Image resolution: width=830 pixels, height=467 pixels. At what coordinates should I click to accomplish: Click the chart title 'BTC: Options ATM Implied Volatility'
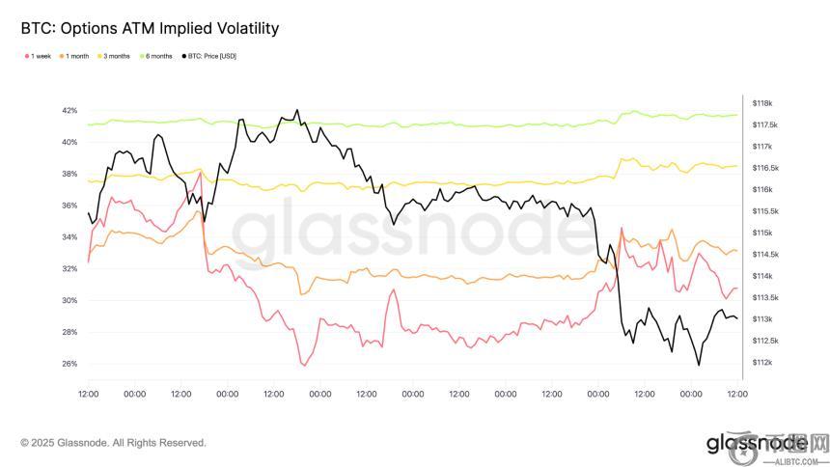pyautogui.click(x=150, y=28)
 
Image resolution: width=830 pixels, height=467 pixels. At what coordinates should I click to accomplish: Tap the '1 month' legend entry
pyautogui.click(x=76, y=56)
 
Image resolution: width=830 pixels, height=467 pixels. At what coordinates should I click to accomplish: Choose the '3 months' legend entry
pyautogui.click(x=116, y=56)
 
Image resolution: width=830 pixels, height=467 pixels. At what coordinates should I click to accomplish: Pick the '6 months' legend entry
pyautogui.click(x=157, y=56)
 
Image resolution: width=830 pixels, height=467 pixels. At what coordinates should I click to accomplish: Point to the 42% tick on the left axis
pyautogui.click(x=69, y=111)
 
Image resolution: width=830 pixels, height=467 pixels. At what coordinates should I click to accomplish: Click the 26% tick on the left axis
pyautogui.click(x=69, y=364)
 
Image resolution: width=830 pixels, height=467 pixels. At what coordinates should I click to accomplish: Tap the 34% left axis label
pyautogui.click(x=69, y=237)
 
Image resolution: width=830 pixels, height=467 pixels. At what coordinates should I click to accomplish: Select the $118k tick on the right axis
pyautogui.click(x=762, y=103)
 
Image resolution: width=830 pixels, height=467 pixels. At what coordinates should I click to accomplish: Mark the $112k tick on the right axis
pyautogui.click(x=762, y=363)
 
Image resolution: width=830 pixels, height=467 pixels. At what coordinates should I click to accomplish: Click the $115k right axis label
pyautogui.click(x=762, y=233)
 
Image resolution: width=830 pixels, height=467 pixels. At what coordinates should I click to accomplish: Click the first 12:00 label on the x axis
pyautogui.click(x=88, y=394)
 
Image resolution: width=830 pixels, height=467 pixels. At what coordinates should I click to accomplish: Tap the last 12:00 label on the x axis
pyautogui.click(x=737, y=394)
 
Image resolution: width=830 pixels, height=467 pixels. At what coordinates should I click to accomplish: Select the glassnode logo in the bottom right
pyautogui.click(x=756, y=443)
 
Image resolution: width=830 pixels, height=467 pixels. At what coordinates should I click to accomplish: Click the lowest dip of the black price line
pyautogui.click(x=698, y=365)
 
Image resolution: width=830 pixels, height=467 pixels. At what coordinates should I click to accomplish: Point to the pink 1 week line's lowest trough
pyautogui.click(x=304, y=365)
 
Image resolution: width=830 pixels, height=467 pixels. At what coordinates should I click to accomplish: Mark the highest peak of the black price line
pyautogui.click(x=296, y=110)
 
